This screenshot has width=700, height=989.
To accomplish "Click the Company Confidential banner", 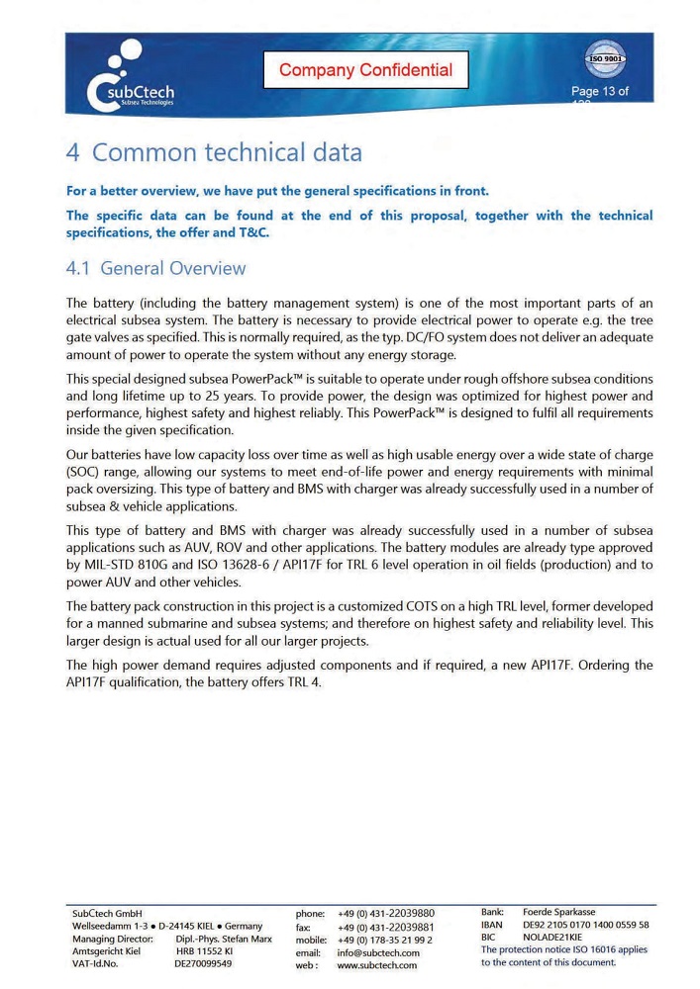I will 365,69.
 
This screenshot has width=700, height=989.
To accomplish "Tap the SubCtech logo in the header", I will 130,79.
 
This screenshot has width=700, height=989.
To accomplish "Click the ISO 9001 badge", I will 605,58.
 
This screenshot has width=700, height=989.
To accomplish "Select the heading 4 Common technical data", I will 214,152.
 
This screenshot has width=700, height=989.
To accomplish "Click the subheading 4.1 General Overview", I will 155,268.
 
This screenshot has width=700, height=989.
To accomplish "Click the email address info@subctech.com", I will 378,952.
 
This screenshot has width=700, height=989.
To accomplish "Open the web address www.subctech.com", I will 377,965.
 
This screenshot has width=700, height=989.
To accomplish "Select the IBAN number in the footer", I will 585,925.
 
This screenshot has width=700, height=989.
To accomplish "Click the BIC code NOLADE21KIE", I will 552,938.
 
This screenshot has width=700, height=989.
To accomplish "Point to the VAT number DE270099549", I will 203,963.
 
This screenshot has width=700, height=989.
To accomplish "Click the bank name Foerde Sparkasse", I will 559,911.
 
